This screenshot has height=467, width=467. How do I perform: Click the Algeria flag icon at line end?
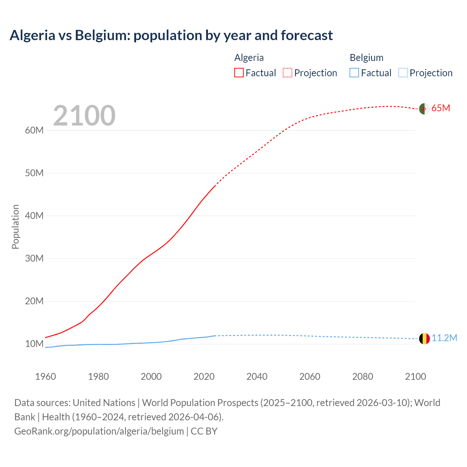[424, 109]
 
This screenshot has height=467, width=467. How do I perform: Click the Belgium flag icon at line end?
[424, 339]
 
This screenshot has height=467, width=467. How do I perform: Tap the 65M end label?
[441, 108]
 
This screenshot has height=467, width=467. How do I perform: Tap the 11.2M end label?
[444, 338]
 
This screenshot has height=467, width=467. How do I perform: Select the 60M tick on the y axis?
[34, 130]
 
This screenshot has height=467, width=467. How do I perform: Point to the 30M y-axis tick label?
[34, 258]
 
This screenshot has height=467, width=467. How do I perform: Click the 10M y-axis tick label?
[34, 344]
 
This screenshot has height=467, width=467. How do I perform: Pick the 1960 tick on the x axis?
[46, 377]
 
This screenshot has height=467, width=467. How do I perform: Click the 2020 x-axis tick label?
[204, 377]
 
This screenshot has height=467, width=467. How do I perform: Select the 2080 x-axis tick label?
[363, 377]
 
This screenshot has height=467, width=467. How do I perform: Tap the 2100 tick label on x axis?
[415, 377]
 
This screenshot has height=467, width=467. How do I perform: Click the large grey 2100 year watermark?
[84, 116]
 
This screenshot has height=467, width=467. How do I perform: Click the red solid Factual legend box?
[239, 73]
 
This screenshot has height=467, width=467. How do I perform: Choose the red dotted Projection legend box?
[287, 73]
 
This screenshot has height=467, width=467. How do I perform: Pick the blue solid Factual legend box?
[354, 73]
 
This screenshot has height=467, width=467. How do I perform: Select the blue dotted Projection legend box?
[403, 73]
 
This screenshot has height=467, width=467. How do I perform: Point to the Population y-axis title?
[15, 227]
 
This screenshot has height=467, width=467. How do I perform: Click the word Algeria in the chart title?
[32, 35]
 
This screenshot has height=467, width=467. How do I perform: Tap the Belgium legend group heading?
[366, 58]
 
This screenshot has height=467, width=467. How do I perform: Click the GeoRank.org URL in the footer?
[99, 431]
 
